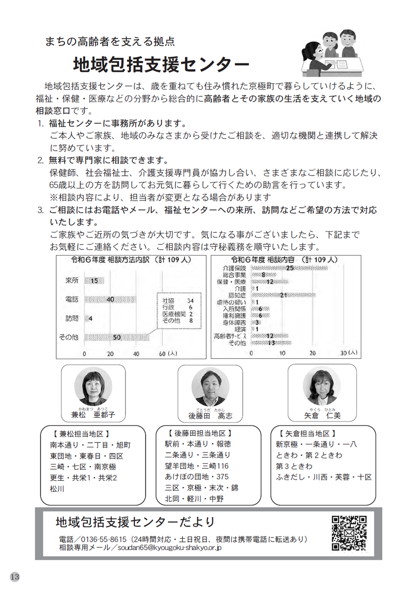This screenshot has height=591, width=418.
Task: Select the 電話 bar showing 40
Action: (111, 300)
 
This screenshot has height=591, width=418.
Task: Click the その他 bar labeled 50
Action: (117, 337)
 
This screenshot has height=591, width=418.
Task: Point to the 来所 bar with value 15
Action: (94, 281)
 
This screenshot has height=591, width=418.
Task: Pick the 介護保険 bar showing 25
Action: (290, 268)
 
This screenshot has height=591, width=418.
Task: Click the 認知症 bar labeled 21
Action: (284, 295)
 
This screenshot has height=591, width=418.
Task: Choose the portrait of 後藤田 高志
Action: (210, 386)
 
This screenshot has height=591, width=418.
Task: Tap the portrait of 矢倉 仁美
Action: (322, 386)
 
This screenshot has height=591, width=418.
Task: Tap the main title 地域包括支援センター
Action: (160, 64)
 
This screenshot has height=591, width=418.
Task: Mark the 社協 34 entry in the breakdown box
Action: (177, 301)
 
